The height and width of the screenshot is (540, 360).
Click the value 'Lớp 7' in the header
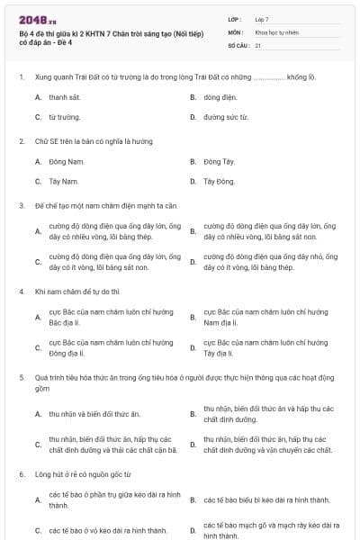262,18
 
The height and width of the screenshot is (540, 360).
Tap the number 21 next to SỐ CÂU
258,44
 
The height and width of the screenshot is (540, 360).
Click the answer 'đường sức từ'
225,117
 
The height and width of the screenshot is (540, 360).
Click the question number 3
21,205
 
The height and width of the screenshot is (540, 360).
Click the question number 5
21,378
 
